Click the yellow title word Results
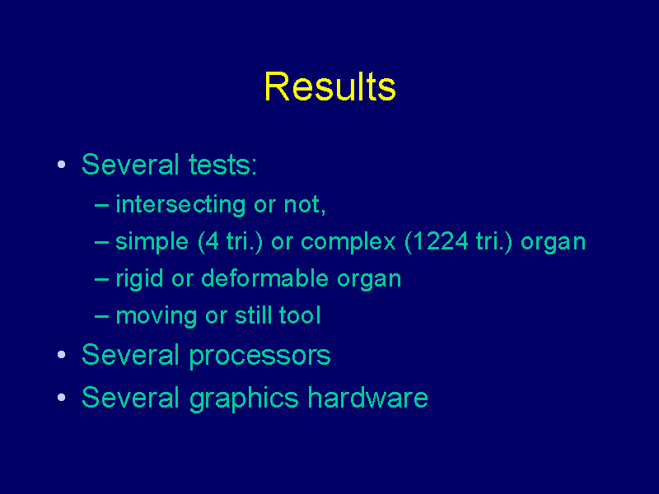coord(330,86)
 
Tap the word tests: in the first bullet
coord(222,164)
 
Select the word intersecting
coord(180,204)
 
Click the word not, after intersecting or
coord(305,205)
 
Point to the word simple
coord(152,242)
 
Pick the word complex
coord(348,242)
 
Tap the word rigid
coord(139,279)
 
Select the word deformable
coord(264,278)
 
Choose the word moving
coord(157,316)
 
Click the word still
coord(253,315)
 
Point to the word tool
coord(300,315)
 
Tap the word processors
coord(259,356)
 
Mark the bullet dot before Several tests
coord(61,164)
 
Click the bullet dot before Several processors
coord(61,355)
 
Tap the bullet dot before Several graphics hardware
coord(61,397)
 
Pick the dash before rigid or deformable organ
coord(101,280)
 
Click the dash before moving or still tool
coord(101,317)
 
